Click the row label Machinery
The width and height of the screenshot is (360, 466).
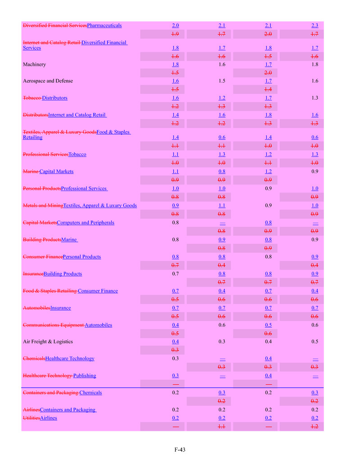coord(34,64)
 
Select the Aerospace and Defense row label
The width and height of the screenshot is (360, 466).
coord(48,81)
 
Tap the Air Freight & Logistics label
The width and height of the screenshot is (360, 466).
coord(48,342)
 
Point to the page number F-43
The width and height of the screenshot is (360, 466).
coord(180,449)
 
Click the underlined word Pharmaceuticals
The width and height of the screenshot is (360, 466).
coord(104,25)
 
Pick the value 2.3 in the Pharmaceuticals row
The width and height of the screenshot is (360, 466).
coord(314,25)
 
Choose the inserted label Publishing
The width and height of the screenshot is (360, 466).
coord(85,375)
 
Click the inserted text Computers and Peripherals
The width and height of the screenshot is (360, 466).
coord(86,223)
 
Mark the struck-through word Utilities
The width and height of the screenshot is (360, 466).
coord(31,418)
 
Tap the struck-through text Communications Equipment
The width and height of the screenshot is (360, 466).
coord(53,325)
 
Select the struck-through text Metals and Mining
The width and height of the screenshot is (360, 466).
coord(43,206)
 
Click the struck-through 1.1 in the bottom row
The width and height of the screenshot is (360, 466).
coord(222,426)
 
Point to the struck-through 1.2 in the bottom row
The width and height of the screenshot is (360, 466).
coord(314,426)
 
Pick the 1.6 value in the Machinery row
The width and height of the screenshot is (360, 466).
coord(222,64)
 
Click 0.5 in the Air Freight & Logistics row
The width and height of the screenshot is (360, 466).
coord(314,342)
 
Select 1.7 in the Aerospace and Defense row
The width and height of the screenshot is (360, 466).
coord(268,81)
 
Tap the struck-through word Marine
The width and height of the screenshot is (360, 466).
coord(31,171)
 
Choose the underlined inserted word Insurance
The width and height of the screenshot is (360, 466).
coord(60,308)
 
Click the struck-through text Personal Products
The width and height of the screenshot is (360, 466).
coord(42,188)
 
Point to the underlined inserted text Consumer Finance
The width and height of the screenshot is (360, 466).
coord(98,291)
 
